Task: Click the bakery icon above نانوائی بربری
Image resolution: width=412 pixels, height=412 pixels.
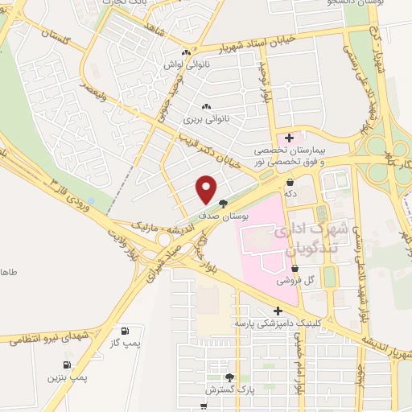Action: point(207,106)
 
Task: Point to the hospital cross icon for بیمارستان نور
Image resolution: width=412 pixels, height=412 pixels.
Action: point(289,138)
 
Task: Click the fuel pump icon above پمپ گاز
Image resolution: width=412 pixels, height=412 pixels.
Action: point(124,332)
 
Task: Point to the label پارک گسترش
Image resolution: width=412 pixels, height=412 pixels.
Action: point(229,389)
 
